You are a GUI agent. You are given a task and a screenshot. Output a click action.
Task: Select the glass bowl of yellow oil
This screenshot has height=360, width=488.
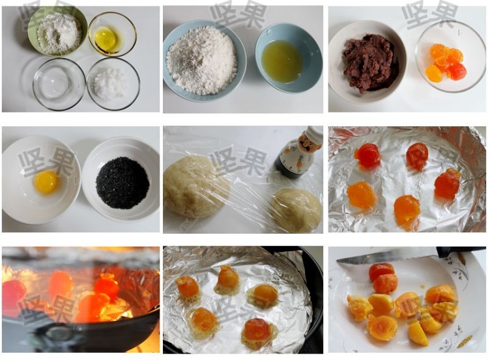coord(112,34)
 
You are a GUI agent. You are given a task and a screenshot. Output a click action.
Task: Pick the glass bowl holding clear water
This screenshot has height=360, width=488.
coord(59,84)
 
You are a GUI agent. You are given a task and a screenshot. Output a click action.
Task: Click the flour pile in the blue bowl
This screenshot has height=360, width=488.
coord(203,60)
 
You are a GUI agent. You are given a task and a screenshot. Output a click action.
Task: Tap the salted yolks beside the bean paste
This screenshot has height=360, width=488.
coord(447,62)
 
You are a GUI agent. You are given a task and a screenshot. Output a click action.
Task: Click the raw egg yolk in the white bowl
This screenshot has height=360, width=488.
coord(46,182)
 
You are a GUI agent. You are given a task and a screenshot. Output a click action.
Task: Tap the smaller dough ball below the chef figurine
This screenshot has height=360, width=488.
coord(296,210)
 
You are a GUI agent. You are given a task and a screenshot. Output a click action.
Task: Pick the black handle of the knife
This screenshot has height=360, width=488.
coord(461,251)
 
